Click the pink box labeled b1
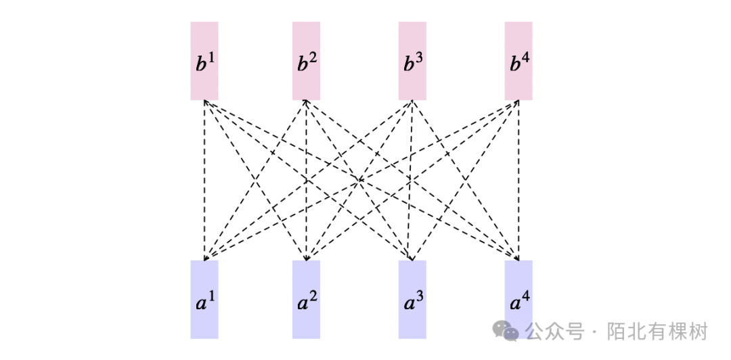pyautogui.click(x=204, y=61)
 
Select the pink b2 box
pyautogui.click(x=306, y=61)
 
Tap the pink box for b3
pyautogui.click(x=412, y=61)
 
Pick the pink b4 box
pyautogui.click(x=518, y=61)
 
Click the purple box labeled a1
pyautogui.click(x=204, y=299)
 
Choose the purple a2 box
pyautogui.click(x=306, y=299)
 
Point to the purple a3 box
pyautogui.click(x=412, y=299)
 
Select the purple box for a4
pyautogui.click(x=518, y=299)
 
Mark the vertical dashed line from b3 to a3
pyautogui.click(x=412, y=203)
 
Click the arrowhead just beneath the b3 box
pyautogui.click(x=412, y=103)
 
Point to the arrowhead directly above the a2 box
pyautogui.click(x=306, y=258)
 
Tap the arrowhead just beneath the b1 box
pyautogui.click(x=204, y=103)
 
